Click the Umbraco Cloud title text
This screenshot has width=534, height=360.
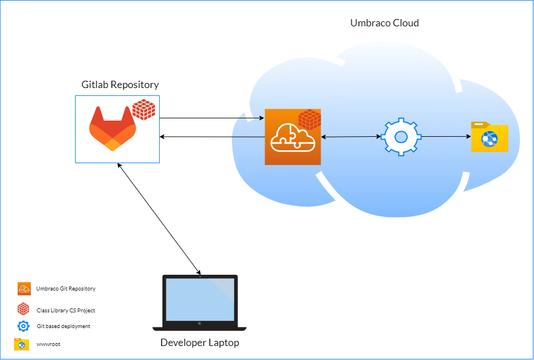[384, 23]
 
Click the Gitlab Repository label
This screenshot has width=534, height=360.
[120, 85]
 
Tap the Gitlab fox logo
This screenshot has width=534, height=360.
[113, 128]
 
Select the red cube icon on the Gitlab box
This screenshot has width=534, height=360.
[143, 109]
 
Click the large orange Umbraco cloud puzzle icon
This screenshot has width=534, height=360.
[292, 138]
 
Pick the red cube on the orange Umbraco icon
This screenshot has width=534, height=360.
[309, 119]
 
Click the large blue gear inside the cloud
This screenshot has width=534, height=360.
[401, 136]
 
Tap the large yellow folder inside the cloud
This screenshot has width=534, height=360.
[489, 137]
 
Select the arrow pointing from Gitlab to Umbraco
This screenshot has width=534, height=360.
[212, 118]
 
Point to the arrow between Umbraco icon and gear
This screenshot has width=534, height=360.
[351, 137]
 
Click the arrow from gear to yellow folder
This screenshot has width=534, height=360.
[445, 136]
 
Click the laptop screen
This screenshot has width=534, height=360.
[199, 299]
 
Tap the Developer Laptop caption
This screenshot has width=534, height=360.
[199, 343]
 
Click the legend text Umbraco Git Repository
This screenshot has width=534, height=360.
[66, 289]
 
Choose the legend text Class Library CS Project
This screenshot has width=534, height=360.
[66, 310]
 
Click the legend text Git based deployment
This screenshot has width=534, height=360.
[63, 326]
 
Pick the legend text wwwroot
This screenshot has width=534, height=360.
[48, 344]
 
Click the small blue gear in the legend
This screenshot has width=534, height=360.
[23, 326]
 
